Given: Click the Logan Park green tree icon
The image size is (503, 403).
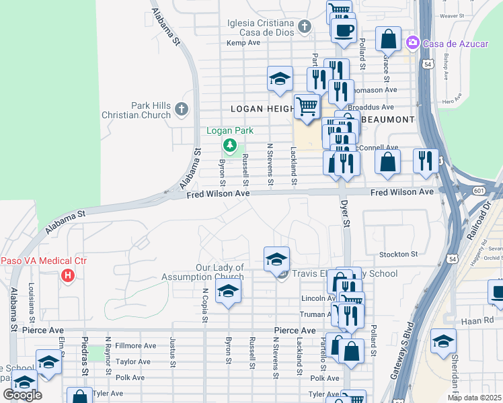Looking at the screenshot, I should (x=230, y=144).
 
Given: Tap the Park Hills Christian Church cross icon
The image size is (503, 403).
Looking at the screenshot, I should (x=180, y=109).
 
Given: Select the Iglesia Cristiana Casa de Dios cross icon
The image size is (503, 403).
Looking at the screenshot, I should (x=304, y=27).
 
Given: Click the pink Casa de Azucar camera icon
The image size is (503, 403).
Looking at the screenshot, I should (x=413, y=43).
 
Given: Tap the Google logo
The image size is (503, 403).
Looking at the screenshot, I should (x=22, y=395).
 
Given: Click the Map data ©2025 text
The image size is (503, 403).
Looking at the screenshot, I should (x=474, y=398).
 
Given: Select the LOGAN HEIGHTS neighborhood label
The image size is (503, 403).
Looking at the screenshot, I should (x=262, y=108).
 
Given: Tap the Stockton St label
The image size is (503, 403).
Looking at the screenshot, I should (x=398, y=255).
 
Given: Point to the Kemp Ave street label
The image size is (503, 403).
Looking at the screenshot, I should (x=243, y=42).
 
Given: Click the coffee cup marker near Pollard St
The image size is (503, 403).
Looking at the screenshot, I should (x=344, y=30).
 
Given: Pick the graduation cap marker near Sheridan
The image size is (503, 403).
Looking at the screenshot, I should (x=443, y=342).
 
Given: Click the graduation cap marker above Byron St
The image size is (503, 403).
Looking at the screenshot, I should (x=229, y=292).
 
